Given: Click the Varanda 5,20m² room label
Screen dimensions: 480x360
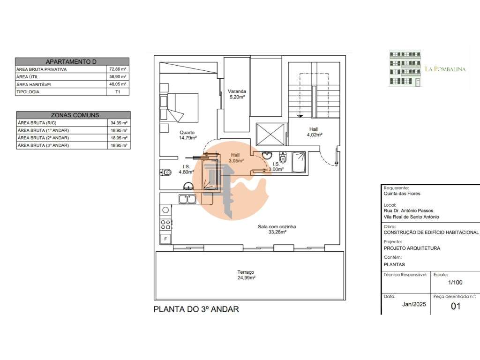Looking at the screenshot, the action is coord(237,94).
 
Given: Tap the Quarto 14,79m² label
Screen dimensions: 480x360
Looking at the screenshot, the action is coord(187,135).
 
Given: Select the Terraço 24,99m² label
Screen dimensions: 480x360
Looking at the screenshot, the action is coord(246,275).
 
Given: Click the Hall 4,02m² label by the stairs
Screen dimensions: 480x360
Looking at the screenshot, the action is coord(315,132).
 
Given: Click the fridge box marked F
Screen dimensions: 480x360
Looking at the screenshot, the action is coord(165,239).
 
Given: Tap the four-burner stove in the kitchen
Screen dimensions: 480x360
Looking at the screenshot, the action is coord(165,225).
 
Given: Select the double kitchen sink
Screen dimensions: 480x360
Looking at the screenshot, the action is coord(187,199).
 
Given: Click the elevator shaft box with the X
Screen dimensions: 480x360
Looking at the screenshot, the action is coord(270,135).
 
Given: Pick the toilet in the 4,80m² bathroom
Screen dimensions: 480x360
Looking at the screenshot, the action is coord(165,172).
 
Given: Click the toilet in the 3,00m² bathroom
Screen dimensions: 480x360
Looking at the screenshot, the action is coord(283,157).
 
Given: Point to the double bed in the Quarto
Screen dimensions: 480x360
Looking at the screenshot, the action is coord(180,108).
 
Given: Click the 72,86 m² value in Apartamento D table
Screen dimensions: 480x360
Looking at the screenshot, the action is coord(118,69).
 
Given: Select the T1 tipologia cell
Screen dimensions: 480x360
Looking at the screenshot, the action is coord(118,92).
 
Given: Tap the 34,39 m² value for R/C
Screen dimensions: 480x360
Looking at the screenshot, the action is coord(119,123).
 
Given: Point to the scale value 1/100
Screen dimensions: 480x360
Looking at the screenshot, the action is coord(455,283).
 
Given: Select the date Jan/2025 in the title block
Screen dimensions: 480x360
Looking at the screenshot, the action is coord(414,304).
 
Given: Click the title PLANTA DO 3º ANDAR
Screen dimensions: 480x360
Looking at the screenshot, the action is coord(196,309).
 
